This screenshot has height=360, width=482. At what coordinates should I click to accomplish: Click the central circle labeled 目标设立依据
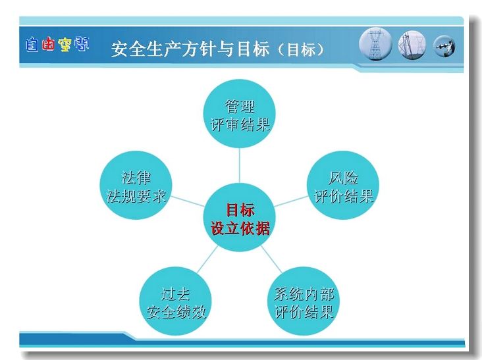tap(239, 217)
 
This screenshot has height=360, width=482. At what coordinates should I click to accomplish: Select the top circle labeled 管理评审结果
tap(239, 114)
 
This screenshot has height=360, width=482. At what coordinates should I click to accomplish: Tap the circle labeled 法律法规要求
tap(136, 185)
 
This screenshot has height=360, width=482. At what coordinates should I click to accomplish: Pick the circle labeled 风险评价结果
tap(343, 185)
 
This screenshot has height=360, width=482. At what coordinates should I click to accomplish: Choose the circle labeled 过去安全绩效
tap(175, 301)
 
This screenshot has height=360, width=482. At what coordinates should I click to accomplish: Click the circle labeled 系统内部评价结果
tap(304, 301)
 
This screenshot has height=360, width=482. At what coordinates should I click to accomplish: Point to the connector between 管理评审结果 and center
tap(239, 166)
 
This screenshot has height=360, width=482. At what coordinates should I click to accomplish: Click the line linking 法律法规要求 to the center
tap(188, 201)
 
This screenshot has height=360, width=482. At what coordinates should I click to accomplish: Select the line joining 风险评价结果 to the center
tap(291, 201)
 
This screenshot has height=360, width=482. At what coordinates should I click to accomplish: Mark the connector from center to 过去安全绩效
tap(207, 259)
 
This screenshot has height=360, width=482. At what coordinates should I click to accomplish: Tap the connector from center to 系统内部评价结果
tap(271, 259)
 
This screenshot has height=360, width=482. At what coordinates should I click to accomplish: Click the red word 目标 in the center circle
tap(240, 210)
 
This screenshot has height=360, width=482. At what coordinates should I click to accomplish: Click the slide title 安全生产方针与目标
tap(190, 49)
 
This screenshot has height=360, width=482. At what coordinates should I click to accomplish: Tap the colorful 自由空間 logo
tap(57, 44)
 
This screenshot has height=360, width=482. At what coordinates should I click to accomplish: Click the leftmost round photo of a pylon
tap(375, 44)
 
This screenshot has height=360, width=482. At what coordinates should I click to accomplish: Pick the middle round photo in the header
tap(412, 45)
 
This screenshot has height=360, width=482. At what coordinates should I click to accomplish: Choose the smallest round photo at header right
tap(444, 46)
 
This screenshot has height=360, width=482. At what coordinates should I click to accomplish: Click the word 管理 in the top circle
tap(240, 107)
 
